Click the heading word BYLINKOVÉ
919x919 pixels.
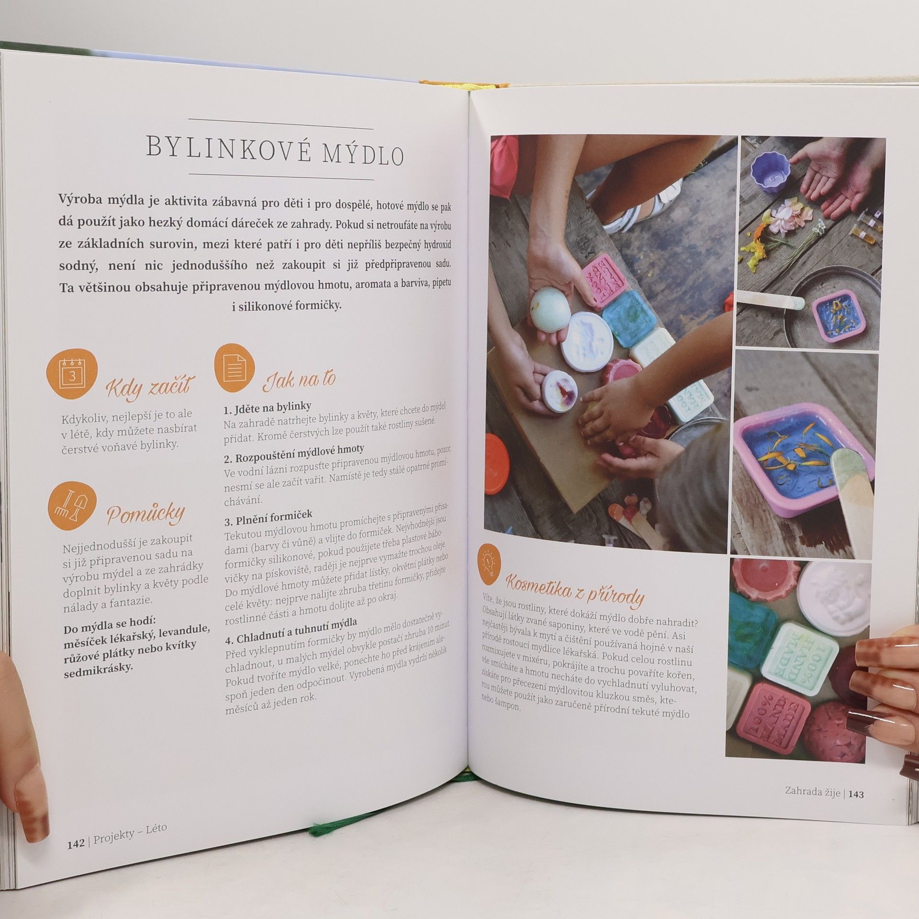229,147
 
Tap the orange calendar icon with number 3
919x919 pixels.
72,374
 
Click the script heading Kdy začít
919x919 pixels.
150,386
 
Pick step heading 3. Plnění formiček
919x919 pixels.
268,517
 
